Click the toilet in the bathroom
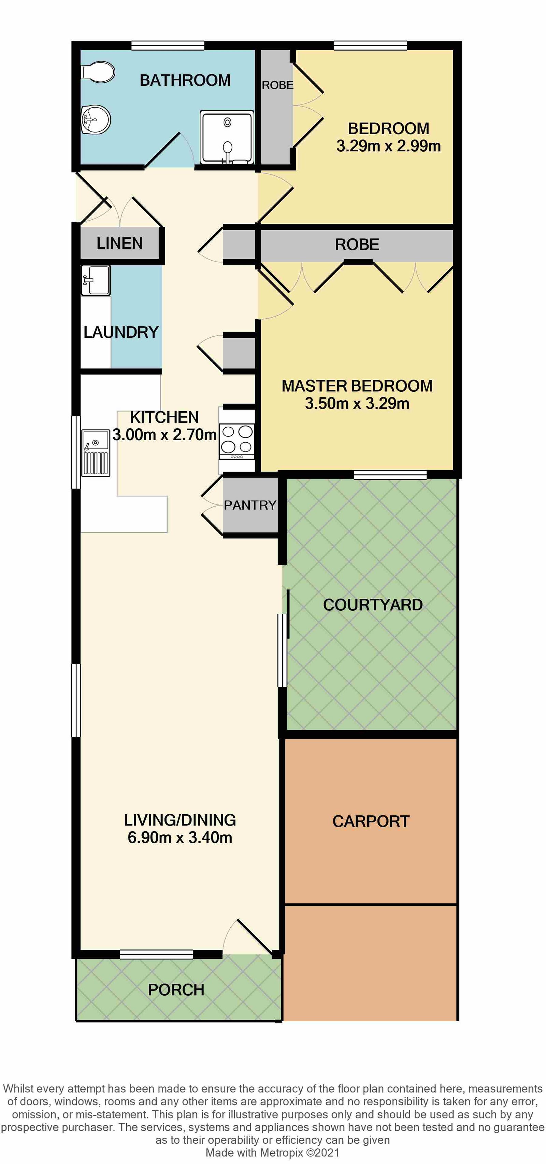(98, 72)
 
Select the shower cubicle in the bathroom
(227, 137)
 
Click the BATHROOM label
(185, 80)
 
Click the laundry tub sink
(95, 280)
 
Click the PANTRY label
(250, 505)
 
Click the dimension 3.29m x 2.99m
(388, 146)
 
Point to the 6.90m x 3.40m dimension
(180, 837)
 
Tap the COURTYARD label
(373, 605)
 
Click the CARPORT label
(371, 821)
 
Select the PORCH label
(176, 989)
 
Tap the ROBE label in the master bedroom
(357, 245)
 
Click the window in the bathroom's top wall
(168, 45)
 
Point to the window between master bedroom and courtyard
(390, 474)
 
